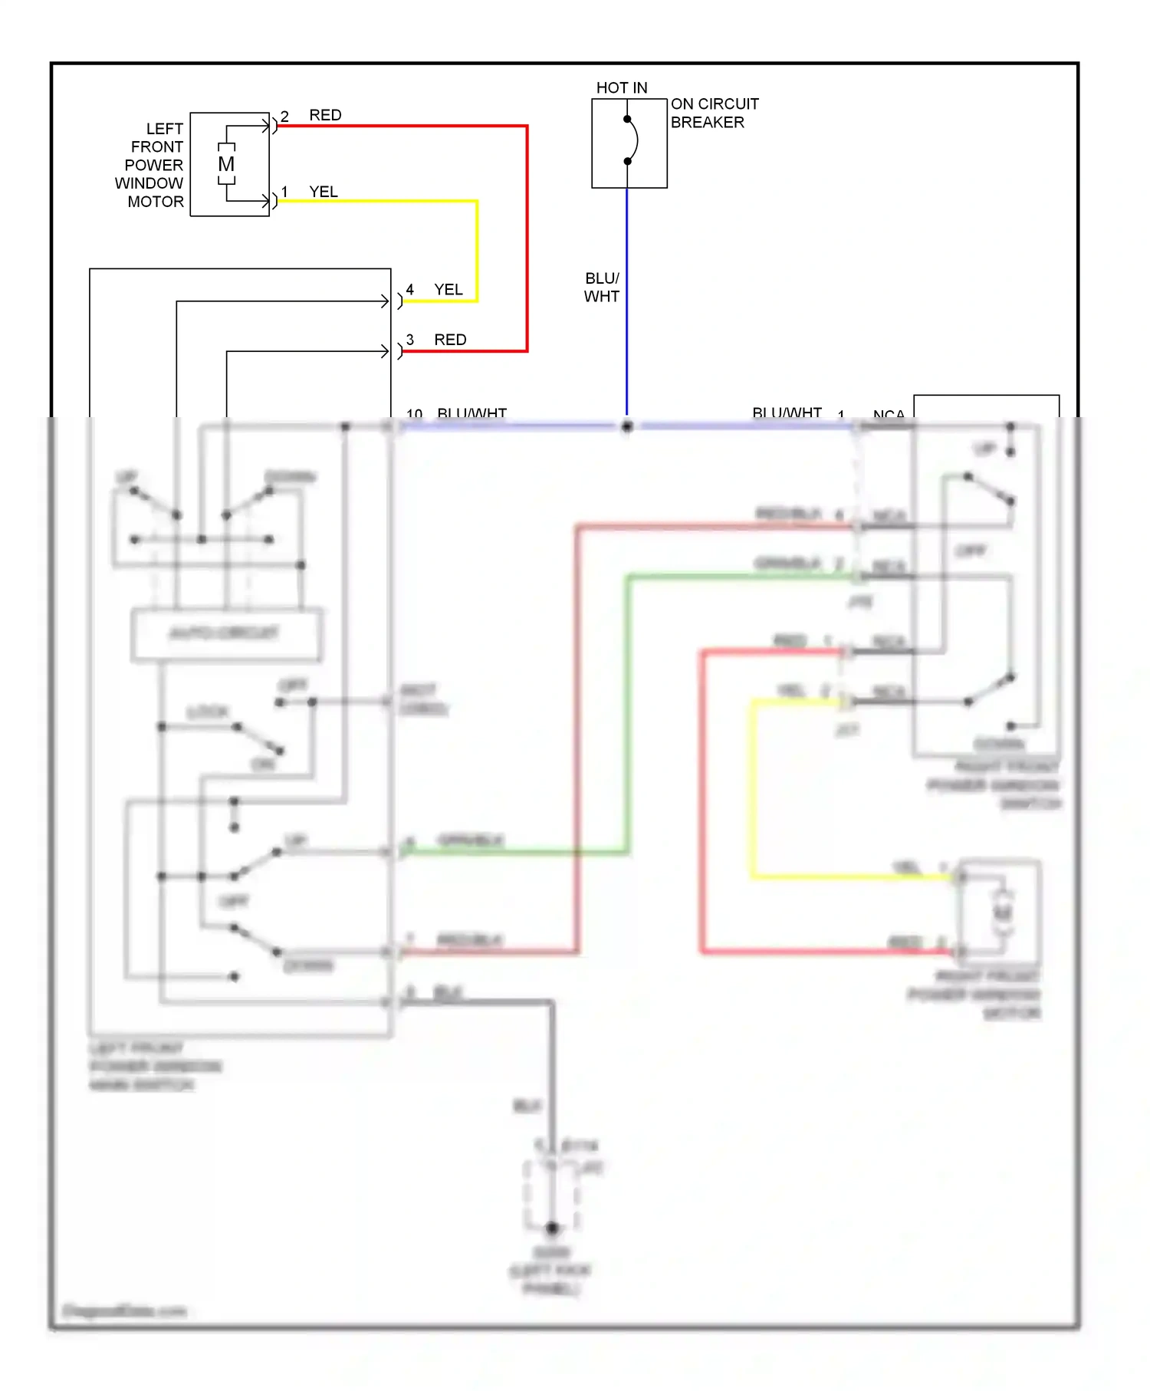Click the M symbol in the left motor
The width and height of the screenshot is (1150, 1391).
pos(226,164)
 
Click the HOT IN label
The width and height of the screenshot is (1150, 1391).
pos(622,88)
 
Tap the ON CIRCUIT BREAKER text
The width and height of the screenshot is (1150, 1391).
pos(714,113)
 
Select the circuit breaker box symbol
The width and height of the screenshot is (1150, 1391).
pos(629,143)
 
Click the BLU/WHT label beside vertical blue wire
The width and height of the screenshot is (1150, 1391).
pos(602,288)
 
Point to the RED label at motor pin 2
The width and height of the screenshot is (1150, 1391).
pos(325,115)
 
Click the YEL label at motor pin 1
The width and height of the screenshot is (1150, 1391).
pos(324,192)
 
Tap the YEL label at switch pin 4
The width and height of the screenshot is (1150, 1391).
pos(449,290)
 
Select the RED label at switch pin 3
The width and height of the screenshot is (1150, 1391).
pos(450,340)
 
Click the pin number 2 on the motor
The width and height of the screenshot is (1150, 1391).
pos(284,117)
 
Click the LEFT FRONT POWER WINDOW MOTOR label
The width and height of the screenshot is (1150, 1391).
pos(150,165)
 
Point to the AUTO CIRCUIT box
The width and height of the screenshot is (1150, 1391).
pos(226,634)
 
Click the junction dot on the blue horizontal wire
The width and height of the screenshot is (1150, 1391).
pos(627,426)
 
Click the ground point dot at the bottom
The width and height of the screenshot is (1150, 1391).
pos(552,1228)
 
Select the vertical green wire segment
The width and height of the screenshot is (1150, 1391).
pos(629,713)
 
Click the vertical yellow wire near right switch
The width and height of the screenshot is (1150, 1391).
pos(753,790)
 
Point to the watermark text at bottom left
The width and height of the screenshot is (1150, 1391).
pos(124,1310)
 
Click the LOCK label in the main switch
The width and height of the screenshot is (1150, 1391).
pos(208,712)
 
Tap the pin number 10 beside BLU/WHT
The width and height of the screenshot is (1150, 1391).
pos(414,414)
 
